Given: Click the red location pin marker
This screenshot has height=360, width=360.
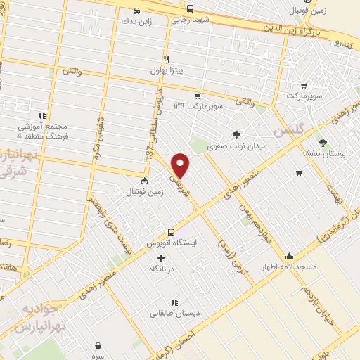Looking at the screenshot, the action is pyautogui.click(x=181, y=165).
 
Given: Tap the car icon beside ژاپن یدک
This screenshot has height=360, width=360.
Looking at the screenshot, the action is pyautogui.click(x=136, y=11).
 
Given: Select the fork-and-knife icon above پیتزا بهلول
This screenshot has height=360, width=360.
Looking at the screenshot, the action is pyautogui.click(x=166, y=59).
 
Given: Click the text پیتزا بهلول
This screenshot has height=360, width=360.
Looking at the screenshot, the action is pyautogui.click(x=167, y=70).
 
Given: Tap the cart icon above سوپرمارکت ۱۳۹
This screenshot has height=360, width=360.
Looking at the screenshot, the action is pyautogui.click(x=198, y=96).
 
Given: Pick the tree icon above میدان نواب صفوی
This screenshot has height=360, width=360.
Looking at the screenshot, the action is pyautogui.click(x=236, y=134).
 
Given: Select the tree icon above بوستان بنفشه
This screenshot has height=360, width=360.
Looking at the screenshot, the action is pyautogui.click(x=323, y=142).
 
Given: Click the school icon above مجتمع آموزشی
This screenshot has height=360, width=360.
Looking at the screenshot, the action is pyautogui.click(x=42, y=115).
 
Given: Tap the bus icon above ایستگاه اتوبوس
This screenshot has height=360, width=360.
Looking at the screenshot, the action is pyautogui.click(x=171, y=232).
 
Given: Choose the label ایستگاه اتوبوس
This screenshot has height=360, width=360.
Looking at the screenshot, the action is pyautogui.click(x=172, y=243).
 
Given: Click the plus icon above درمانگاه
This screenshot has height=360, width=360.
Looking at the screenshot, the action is pyautogui.click(x=162, y=258).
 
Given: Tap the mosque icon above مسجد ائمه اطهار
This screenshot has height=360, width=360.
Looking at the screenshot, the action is pyautogui.click(x=289, y=257).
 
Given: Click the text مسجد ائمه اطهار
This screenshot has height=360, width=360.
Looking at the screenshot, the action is pyautogui.click(x=290, y=268).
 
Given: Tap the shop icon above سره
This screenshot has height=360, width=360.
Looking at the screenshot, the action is pyautogui.click(x=98, y=346).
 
